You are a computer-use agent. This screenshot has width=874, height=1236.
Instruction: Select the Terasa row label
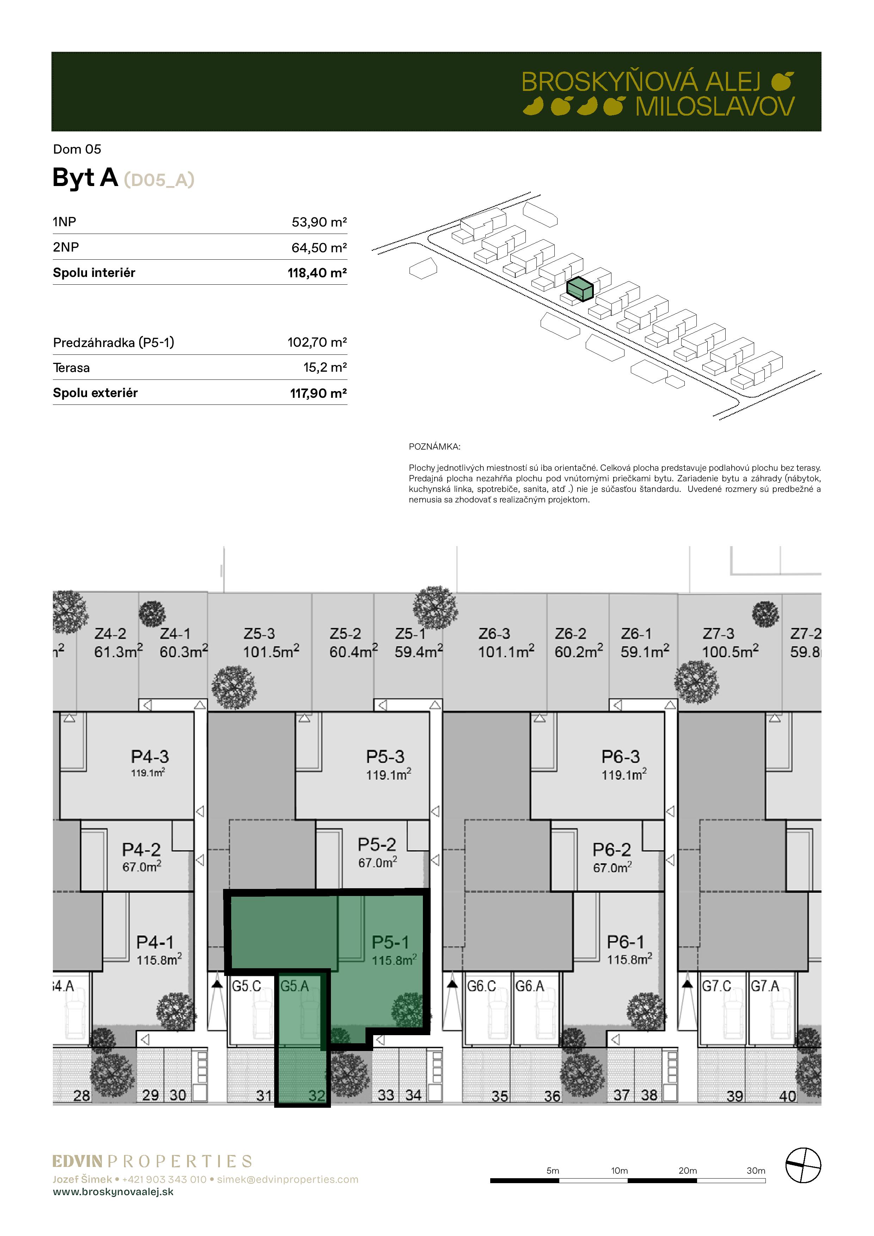tap(71, 368)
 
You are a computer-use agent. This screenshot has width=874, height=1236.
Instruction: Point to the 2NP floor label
tap(66, 247)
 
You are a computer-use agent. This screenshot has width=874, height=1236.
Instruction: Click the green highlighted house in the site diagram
tap(580, 289)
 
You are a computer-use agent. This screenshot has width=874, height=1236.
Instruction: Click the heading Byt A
tap(85, 178)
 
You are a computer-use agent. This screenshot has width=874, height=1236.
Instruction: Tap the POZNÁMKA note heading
tap(435, 447)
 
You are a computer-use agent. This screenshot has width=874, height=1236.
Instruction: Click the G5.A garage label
tap(295, 986)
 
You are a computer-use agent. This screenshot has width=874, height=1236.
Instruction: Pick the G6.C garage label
tap(481, 986)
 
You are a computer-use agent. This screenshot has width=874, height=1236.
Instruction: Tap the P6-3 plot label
tap(620, 756)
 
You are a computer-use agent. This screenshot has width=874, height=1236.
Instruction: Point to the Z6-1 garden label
tap(636, 634)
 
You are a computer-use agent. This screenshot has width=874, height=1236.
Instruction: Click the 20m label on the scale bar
tap(688, 1170)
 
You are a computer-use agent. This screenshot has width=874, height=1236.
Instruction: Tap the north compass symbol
tap(803, 1166)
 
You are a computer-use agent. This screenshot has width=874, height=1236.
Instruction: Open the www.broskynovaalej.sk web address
tap(113, 1192)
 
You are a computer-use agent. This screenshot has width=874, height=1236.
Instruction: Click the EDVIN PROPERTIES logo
tap(152, 1161)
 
